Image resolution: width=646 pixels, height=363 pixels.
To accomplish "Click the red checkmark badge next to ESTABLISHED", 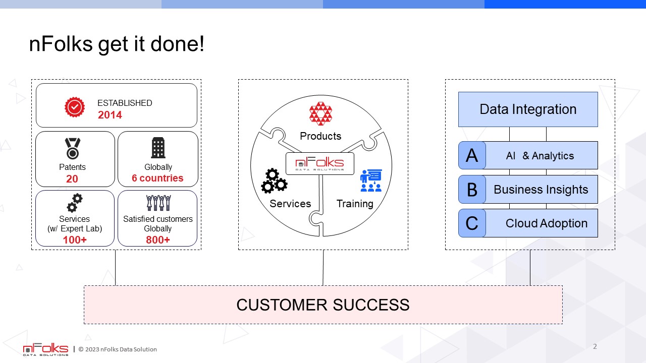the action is click(75, 107).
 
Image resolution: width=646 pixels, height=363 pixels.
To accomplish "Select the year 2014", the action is click(110, 115).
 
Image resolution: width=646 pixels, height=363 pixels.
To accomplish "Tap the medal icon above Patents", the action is click(72, 149).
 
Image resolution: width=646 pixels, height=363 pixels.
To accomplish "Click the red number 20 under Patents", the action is click(72, 179).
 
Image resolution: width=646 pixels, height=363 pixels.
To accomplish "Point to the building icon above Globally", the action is click(158, 148).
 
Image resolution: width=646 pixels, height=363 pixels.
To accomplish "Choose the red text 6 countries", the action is click(157, 178).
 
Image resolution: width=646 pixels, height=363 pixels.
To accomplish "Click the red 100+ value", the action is click(75, 239).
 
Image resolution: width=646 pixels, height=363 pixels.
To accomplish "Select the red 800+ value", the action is click(158, 239).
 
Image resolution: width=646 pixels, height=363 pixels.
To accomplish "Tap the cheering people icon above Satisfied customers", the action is click(158, 203).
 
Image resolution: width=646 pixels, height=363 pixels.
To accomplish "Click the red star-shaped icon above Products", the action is click(320, 113).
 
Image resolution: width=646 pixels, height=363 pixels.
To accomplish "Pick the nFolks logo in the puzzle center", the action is click(320, 164).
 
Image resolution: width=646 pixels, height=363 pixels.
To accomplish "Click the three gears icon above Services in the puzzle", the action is click(274, 181).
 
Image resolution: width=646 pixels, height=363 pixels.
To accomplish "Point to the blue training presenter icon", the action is click(371, 180).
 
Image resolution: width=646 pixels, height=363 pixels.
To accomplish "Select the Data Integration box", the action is click(528, 109).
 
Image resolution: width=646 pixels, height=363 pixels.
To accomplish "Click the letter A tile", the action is click(472, 155).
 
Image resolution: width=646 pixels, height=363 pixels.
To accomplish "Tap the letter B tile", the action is click(472, 189).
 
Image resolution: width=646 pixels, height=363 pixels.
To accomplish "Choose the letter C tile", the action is click(472, 223).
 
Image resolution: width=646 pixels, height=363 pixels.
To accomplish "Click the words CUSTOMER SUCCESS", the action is click(323, 305).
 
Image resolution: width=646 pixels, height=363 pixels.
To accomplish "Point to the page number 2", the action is click(595, 346).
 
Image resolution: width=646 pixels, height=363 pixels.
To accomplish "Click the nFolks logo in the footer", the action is click(45, 349).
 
